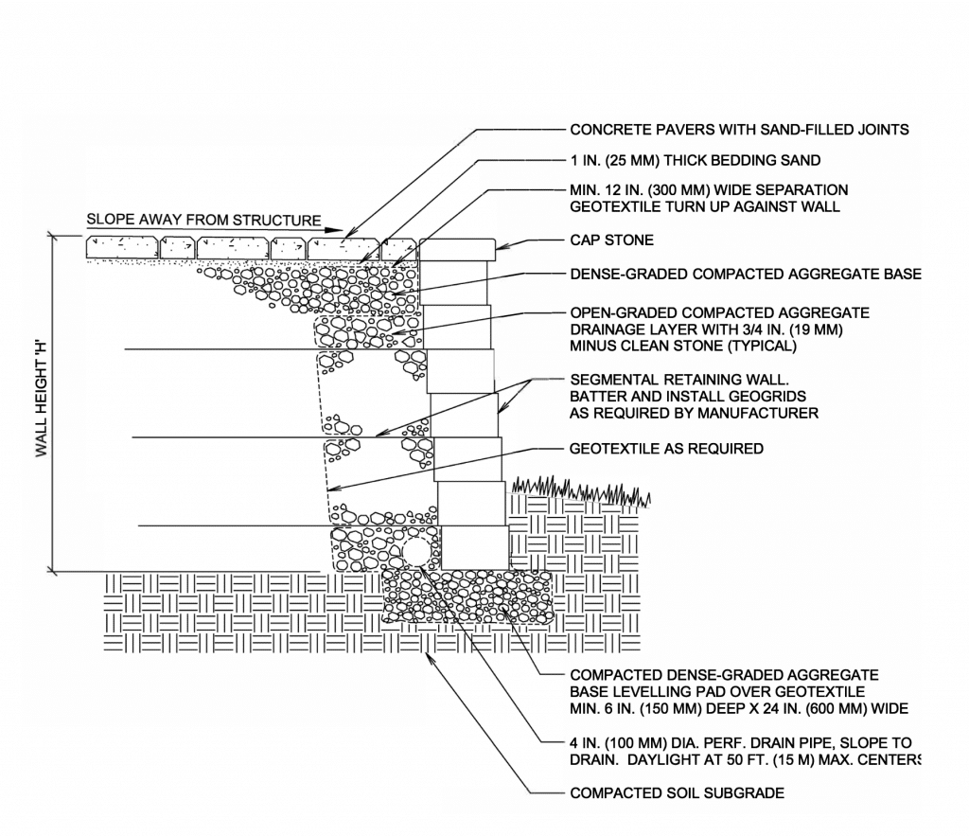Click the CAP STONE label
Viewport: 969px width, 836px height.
(611, 240)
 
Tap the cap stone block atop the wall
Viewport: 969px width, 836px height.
(457, 249)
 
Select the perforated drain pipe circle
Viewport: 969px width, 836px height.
(416, 551)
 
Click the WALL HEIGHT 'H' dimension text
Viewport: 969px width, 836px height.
(43, 403)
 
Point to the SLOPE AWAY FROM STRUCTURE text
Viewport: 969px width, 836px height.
(203, 220)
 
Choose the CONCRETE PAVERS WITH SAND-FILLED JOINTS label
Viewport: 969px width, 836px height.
(739, 130)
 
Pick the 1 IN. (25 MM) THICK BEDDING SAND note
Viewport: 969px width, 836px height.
(695, 160)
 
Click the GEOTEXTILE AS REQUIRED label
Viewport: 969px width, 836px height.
(666, 448)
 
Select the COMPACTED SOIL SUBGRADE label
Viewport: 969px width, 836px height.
(677, 792)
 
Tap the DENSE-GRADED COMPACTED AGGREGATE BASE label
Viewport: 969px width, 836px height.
(745, 275)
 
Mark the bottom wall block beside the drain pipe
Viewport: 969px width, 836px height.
(475, 548)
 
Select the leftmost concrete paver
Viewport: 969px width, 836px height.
(122, 247)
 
